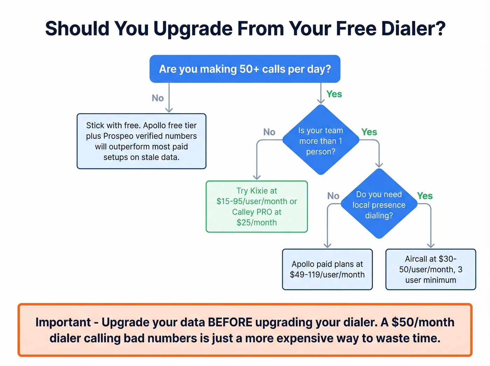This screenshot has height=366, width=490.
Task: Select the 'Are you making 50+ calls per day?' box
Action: point(245,69)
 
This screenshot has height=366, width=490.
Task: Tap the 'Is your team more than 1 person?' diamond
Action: point(321,140)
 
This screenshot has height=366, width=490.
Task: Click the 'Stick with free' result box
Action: point(141,141)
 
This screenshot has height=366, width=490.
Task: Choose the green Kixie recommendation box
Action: point(257,207)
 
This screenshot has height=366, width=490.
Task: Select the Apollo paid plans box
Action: point(327,269)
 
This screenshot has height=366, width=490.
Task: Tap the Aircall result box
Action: point(430,269)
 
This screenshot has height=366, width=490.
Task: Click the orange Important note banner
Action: point(245,330)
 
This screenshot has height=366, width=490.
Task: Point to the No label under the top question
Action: point(158,98)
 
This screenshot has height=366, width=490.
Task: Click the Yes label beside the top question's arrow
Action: point(334,94)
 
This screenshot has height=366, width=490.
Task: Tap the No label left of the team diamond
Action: point(269,132)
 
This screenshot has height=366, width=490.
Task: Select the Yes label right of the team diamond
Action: point(369,132)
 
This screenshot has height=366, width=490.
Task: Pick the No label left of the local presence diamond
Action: point(333,196)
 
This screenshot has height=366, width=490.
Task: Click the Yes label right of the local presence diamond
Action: point(425,196)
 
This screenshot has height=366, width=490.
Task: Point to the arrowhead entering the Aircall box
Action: point(431,246)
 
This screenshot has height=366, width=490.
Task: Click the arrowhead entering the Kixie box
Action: point(257,177)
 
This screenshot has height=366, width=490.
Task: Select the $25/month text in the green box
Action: point(257,222)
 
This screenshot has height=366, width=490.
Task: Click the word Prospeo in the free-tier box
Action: point(118,136)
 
